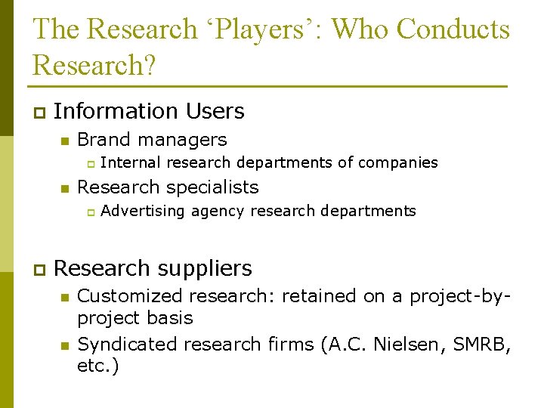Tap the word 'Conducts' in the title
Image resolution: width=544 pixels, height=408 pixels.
[453, 30]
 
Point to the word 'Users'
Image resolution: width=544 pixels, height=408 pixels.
[215, 111]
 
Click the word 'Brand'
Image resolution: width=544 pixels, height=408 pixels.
[104, 140]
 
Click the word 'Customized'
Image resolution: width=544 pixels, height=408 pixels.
[131, 296]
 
